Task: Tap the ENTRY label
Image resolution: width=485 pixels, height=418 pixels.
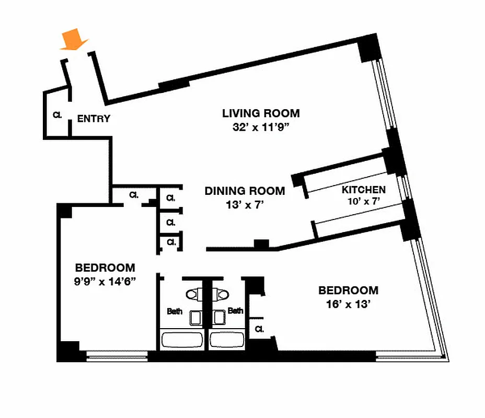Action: coord(94,119)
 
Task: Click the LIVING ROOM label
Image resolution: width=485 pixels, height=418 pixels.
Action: coord(261,113)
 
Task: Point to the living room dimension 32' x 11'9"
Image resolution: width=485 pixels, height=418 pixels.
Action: coord(261,127)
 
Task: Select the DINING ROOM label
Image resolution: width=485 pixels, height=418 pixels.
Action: coord(245,191)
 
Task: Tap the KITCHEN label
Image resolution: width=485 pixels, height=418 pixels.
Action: coord(364,190)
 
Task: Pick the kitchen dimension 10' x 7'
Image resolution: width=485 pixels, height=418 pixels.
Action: coord(364,201)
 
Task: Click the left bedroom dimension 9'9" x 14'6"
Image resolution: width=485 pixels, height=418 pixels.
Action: coord(105,282)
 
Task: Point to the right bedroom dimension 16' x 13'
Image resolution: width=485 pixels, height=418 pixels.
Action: coord(348,304)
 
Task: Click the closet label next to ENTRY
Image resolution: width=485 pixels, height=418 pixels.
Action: coord(57,115)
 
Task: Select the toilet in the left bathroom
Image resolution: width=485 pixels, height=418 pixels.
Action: coord(195,295)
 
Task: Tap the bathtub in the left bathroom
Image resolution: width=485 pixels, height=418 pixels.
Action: coord(181,340)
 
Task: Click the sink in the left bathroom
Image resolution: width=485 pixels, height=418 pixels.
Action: coord(195,317)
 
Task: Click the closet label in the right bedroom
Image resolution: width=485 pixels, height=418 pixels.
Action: coord(258,329)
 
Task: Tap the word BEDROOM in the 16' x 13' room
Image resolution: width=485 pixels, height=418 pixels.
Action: coord(348,291)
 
